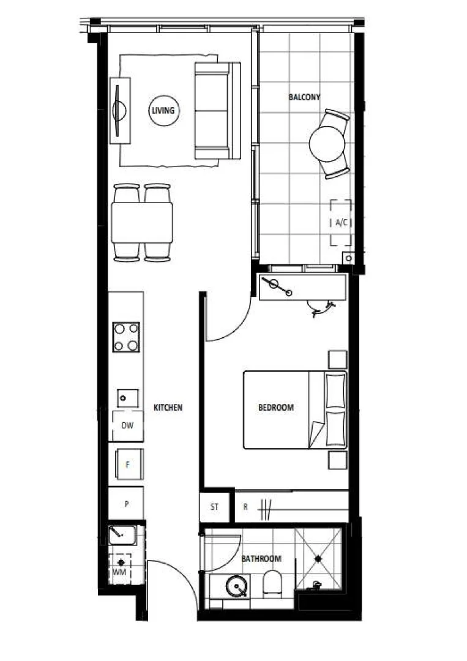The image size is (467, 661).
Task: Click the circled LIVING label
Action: point(163,111)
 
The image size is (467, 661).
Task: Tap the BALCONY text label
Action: point(304,97)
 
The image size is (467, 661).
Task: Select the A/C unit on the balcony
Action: point(341,223)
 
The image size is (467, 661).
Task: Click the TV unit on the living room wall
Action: point(119,111)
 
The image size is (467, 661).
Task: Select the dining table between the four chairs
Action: point(142,223)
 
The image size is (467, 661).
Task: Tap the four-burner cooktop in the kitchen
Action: point(126,337)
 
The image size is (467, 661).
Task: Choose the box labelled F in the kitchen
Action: point(127,465)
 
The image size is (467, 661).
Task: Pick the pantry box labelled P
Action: point(126,504)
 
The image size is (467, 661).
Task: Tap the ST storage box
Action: point(214,507)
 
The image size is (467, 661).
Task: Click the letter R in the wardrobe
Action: point(245,507)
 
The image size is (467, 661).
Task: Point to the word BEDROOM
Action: point(275,407)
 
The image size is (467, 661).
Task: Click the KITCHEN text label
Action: point(168,407)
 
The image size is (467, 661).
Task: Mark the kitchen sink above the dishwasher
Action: point(127,398)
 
